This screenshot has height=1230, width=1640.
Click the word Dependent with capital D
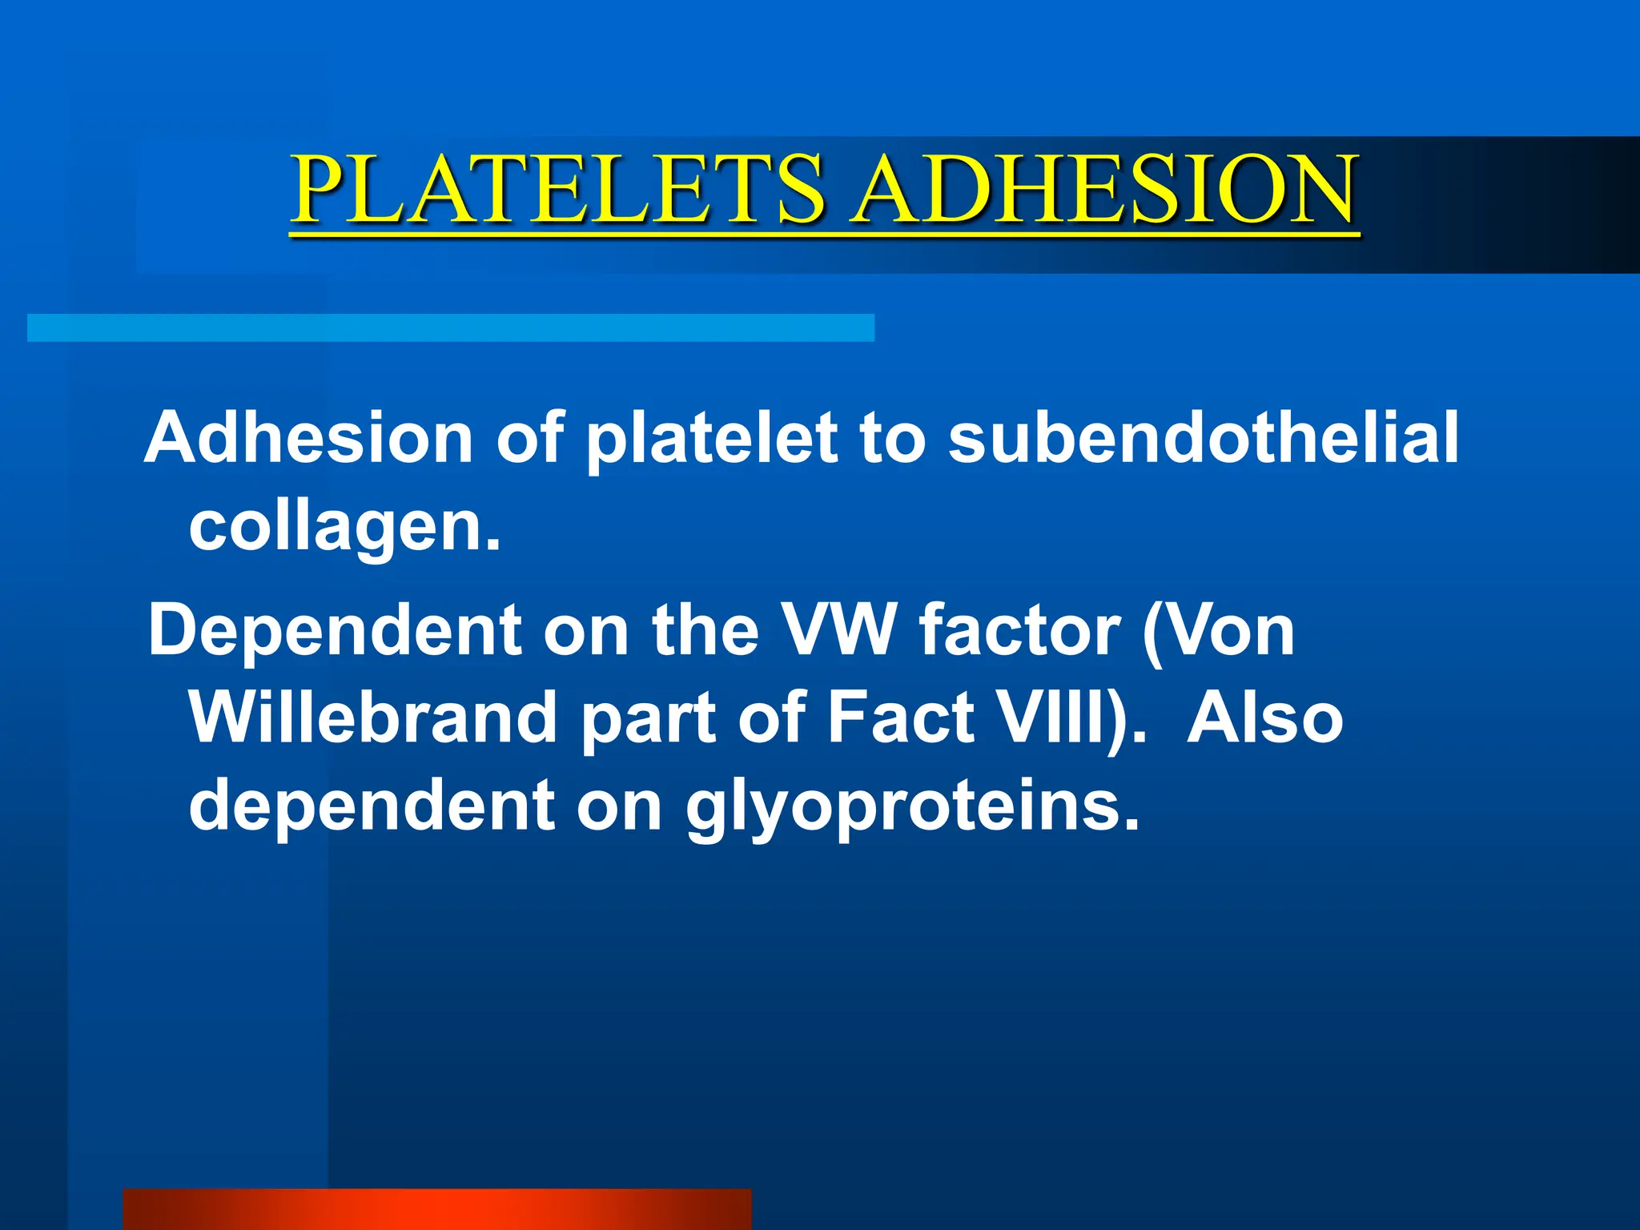tap(335, 630)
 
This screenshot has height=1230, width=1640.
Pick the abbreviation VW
tap(838, 630)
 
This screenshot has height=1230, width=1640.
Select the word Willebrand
tap(372, 717)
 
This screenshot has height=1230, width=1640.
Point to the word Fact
tap(900, 717)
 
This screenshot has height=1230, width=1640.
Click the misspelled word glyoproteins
tap(912, 807)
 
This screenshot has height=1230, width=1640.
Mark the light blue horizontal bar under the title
tap(450, 328)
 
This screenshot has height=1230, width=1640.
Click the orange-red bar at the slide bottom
tap(436, 1209)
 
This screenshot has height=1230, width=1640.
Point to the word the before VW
tap(705, 630)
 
